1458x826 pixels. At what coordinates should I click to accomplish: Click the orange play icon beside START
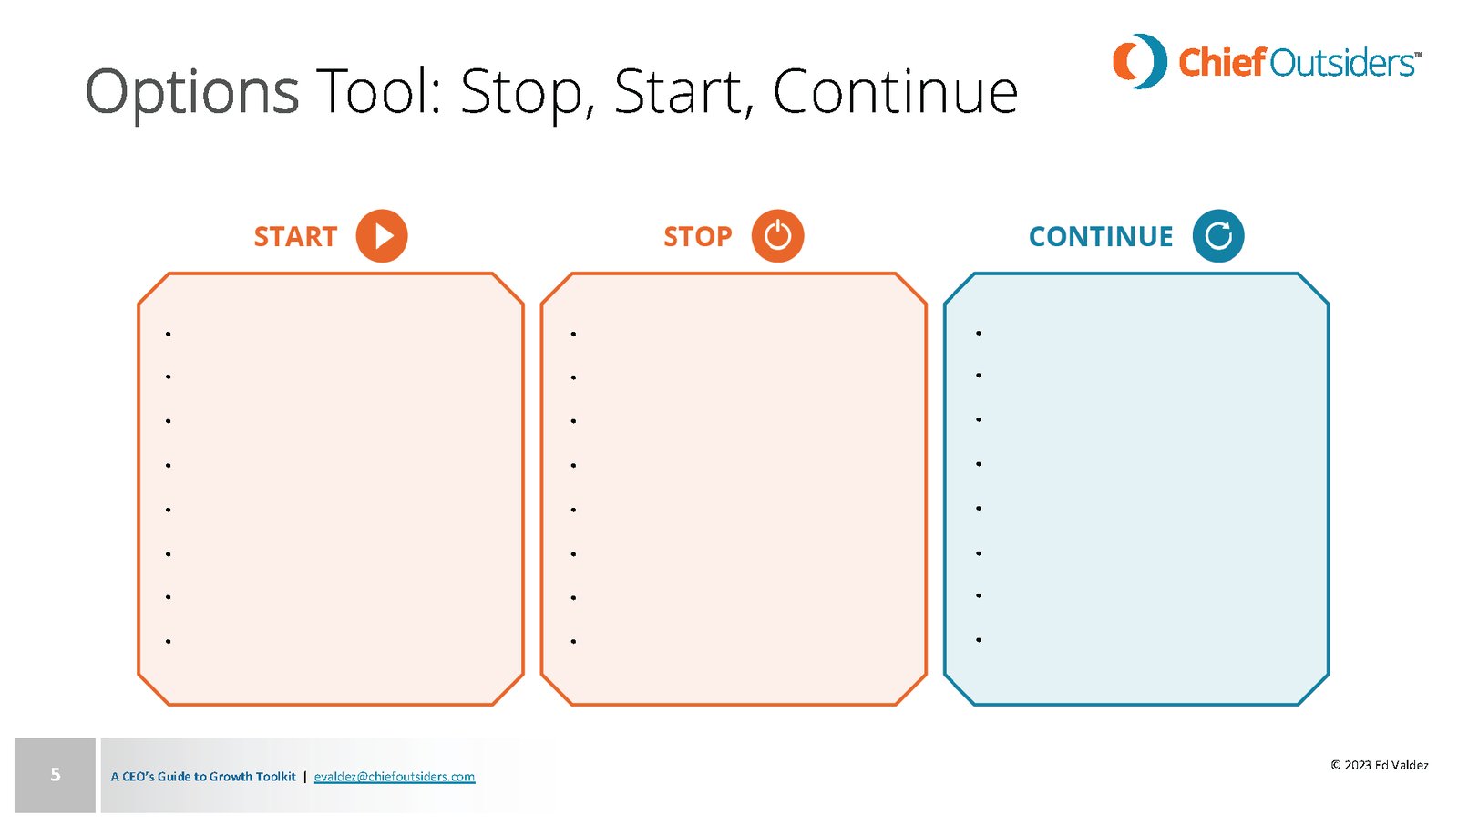pos(382,236)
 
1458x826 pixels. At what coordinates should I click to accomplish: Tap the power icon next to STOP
pos(777,236)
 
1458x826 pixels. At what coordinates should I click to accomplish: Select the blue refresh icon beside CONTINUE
pos(1217,236)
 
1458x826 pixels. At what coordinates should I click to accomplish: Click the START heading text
pos(295,236)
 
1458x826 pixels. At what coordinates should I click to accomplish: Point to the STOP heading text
pos(698,236)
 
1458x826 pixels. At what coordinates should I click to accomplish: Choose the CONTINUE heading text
pos(1101,236)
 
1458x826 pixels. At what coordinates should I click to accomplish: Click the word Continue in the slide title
pos(895,91)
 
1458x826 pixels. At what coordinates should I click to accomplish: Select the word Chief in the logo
pos(1223,63)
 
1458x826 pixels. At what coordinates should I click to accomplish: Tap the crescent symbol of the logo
pos(1140,61)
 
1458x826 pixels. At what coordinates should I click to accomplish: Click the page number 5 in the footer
pos(56,775)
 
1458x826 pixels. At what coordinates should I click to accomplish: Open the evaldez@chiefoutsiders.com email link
pos(395,777)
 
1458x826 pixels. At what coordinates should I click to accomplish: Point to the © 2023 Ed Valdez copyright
pos(1380,766)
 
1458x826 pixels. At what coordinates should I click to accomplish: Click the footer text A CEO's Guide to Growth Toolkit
pos(203,777)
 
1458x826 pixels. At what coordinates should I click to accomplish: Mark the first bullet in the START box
pos(169,335)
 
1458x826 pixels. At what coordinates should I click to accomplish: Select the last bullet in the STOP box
pos(573,642)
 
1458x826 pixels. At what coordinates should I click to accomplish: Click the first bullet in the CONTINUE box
pos(979,333)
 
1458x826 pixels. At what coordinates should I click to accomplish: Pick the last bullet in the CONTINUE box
pos(979,640)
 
